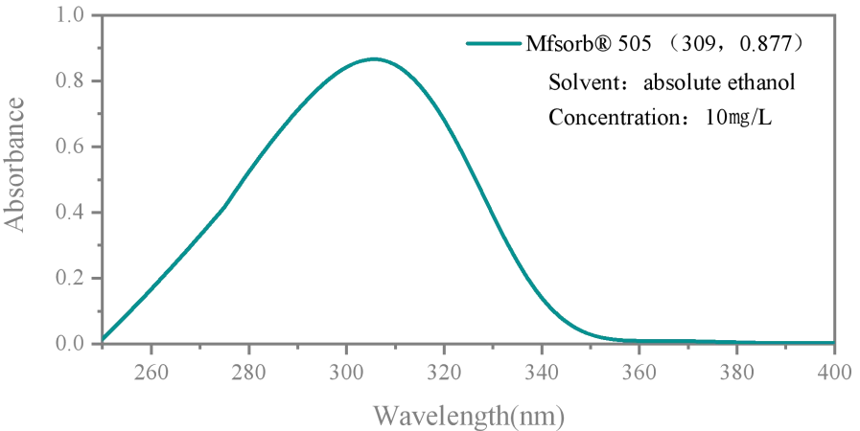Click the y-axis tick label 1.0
tap(70, 15)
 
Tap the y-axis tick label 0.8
tap(70, 81)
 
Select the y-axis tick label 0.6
tap(70, 147)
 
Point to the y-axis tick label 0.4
tap(70, 213)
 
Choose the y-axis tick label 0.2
tap(70, 279)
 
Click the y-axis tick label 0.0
tap(70, 343)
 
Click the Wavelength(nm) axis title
tap(468, 416)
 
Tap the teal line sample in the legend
tap(493, 44)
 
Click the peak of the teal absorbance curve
tap(374, 58)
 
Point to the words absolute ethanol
tap(719, 81)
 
